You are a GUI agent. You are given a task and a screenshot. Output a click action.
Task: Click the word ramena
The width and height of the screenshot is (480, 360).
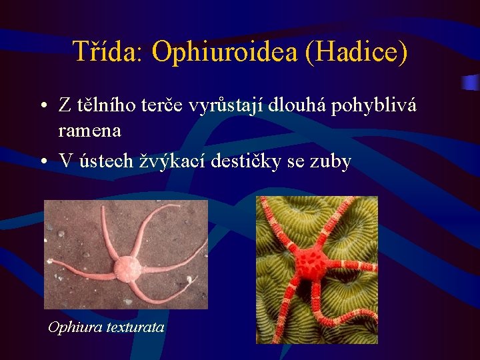(89, 131)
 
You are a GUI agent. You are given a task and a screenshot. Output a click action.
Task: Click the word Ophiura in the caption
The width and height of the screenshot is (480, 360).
(75, 327)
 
